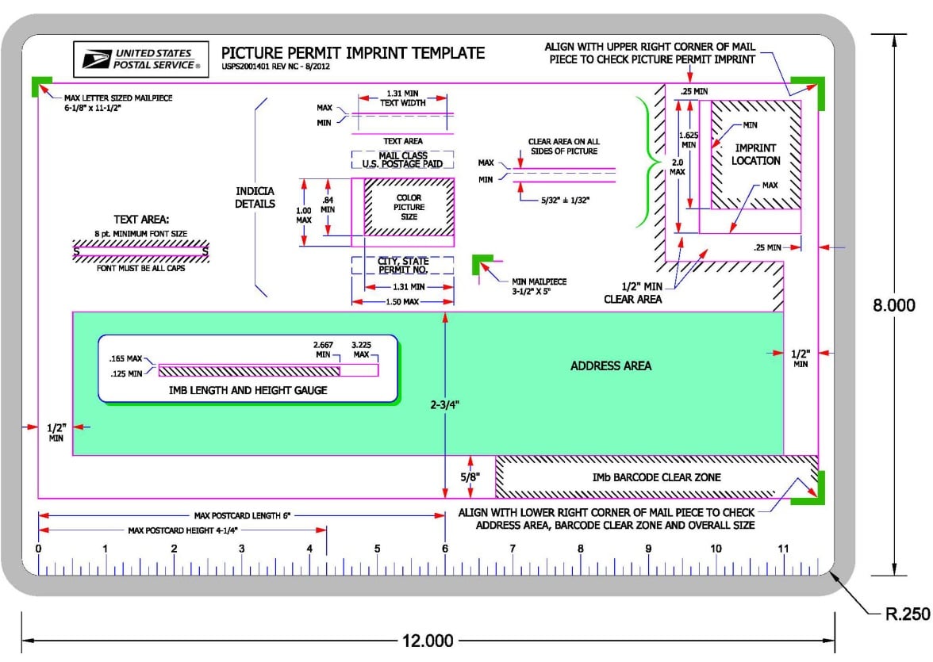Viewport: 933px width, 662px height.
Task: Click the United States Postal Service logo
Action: coord(141,59)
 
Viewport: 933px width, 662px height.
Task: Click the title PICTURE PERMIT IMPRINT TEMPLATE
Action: coord(353,53)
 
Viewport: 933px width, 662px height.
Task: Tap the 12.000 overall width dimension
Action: coord(428,641)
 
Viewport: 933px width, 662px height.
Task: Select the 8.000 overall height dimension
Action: coord(893,305)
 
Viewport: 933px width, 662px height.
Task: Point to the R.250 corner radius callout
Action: coord(908,614)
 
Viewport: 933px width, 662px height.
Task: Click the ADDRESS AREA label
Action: coord(611,365)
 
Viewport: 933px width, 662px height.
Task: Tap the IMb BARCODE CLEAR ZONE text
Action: coord(656,477)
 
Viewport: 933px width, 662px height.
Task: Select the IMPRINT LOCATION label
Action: coord(755,154)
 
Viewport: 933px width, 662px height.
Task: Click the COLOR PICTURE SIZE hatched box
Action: coord(409,207)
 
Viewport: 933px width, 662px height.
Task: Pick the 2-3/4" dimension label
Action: coord(445,404)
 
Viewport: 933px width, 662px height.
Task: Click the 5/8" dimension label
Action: coord(470,477)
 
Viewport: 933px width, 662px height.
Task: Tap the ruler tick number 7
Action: coord(513,549)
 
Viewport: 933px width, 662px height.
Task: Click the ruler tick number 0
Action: coord(39,549)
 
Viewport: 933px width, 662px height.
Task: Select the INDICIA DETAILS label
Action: coord(255,197)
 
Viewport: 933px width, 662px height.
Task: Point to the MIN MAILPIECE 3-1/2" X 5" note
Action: coord(539,286)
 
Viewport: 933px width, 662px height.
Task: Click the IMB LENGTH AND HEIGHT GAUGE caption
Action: coord(248,390)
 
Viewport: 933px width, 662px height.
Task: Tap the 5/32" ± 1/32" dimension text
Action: coord(565,201)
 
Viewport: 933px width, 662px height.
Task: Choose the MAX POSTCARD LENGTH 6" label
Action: coord(242,515)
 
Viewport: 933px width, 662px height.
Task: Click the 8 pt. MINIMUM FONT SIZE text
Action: coord(141,234)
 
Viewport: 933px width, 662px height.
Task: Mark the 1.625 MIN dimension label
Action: coord(689,140)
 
